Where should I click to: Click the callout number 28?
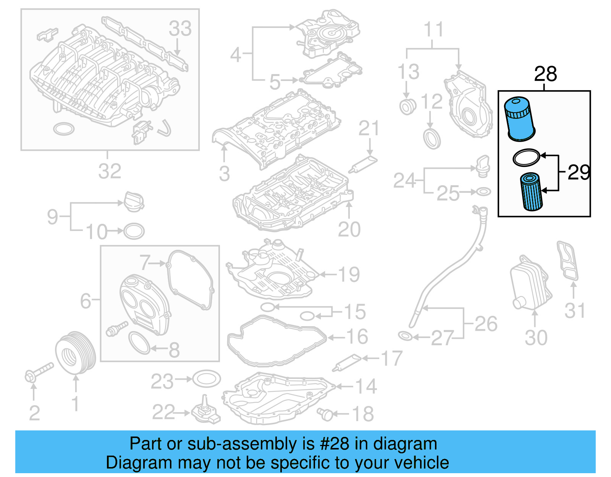pos(545,74)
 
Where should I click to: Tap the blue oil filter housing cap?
pos(519,118)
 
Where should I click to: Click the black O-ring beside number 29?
pos(526,157)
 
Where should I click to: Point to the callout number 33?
pos(180,29)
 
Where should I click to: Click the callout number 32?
pos(110,171)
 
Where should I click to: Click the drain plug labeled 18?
pos(325,414)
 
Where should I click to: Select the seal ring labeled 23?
pos(207,379)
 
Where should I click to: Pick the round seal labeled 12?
pos(432,138)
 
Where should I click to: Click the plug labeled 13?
pos(407,107)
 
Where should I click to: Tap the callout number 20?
pos(349,230)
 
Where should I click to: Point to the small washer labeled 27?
pos(405,336)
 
